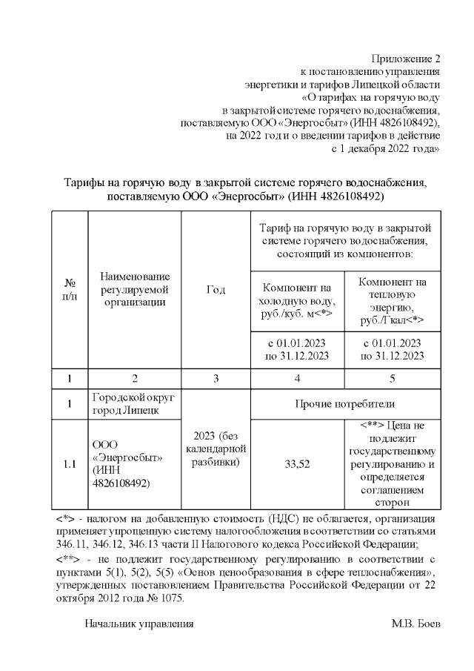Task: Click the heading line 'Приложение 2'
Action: (407, 59)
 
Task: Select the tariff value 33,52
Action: (297, 464)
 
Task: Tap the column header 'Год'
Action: (216, 289)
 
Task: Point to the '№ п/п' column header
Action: (70, 289)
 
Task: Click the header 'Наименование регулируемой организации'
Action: (135, 289)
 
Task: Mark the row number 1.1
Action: (70, 464)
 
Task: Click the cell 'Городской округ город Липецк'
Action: (135, 404)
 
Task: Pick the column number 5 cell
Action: (392, 379)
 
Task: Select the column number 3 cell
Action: (216, 379)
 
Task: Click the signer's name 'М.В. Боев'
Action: (415, 624)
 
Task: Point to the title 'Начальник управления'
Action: (139, 624)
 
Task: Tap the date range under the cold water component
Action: (297, 349)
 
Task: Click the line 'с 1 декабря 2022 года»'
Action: (385, 148)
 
